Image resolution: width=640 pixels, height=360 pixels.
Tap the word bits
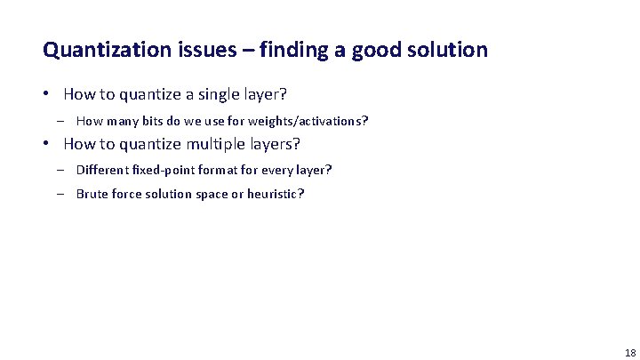coord(156,121)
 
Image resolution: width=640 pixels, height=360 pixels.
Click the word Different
coord(103,170)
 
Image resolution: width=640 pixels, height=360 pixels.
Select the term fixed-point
coord(164,170)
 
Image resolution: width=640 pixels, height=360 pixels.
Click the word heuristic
coord(274,193)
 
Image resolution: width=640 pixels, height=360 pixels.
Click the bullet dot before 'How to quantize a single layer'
coord(51,94)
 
